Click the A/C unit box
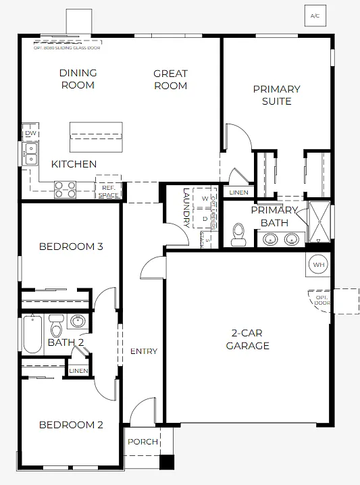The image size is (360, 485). pos(315,15)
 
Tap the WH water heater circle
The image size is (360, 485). pos(318,265)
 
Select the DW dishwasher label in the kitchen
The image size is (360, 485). pos(30,134)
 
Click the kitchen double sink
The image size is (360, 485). pos(31,155)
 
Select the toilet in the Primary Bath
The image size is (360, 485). pos(238,234)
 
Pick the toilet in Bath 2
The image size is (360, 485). pos(57,328)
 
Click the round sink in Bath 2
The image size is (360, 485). pos(78,321)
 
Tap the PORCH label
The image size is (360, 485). pos(143,442)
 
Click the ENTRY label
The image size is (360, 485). pos(143,351)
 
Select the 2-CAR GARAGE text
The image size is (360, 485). pos(247,340)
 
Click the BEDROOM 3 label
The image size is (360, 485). pos(71,247)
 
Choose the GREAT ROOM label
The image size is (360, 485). pos(170,80)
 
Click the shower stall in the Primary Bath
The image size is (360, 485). pos(319,222)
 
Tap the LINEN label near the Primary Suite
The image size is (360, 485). pos(238,193)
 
